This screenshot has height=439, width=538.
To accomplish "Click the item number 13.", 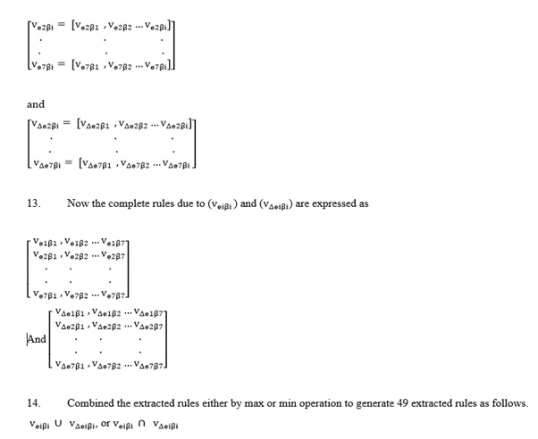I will tap(33, 203).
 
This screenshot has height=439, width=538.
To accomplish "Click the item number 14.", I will tap(33, 402).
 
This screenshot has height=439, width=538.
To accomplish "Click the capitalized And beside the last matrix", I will tap(37, 338).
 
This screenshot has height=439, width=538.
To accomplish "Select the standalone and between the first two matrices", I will tap(35, 104).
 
